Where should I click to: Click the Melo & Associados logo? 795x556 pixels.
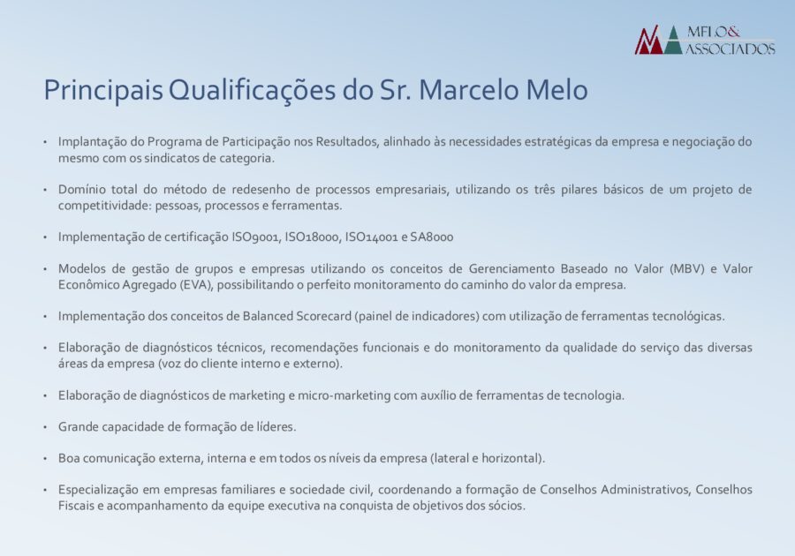(705, 40)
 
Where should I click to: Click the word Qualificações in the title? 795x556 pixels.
(252, 91)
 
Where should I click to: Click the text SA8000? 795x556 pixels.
(432, 237)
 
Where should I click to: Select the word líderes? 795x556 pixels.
(278, 427)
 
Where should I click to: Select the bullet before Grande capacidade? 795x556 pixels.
(45, 427)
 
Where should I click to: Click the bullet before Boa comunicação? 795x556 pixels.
(45, 459)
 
